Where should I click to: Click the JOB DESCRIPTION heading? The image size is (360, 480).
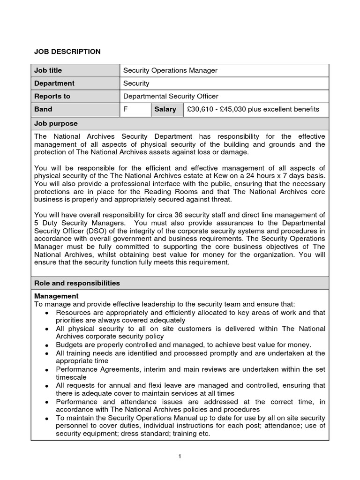pos(67,52)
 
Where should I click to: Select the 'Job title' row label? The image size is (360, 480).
pos(48,70)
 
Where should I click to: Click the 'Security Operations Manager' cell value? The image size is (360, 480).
pos(170,70)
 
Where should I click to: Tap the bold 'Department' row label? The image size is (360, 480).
pos(54,83)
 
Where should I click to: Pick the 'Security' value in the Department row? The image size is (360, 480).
pos(136,83)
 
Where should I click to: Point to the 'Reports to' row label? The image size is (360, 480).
pos(52,96)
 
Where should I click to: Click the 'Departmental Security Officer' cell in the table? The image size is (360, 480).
pos(171,96)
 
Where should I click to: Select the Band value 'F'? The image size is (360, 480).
pos(125,109)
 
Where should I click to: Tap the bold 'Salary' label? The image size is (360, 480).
pos(165,109)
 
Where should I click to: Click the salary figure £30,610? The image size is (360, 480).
pos(200,109)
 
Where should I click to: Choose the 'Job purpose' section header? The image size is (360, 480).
pos(56,123)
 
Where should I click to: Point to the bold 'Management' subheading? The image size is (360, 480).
pos(57,296)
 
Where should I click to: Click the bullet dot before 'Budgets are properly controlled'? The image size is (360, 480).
pos(47,345)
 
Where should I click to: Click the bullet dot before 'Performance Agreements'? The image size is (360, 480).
pos(47,370)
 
